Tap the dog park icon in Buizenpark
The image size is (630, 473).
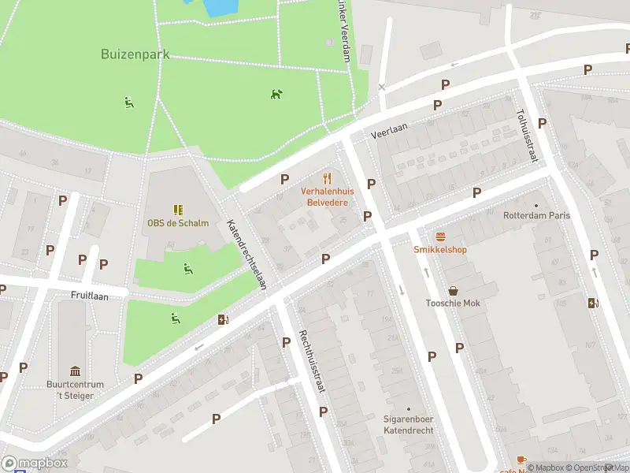coord(276,94)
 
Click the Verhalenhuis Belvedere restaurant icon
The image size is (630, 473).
coord(328,178)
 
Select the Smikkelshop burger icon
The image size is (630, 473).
coord(440,236)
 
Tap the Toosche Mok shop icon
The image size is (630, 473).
coord(453,291)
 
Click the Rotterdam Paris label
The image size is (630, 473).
coord(537,215)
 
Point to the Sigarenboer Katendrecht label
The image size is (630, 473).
coord(409,425)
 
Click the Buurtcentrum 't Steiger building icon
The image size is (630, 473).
coord(75,371)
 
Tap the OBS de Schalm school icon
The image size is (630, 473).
coord(178,210)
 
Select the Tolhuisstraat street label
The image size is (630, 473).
coord(526,136)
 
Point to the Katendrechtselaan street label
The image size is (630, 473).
coord(246,255)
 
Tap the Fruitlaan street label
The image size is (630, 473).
coord(88,294)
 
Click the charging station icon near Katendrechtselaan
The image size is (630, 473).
coord(224,319)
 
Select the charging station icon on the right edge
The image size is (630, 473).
coord(593,303)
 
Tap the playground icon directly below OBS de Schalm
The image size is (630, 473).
coord(187,269)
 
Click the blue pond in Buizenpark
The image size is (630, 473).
coord(220,6)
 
